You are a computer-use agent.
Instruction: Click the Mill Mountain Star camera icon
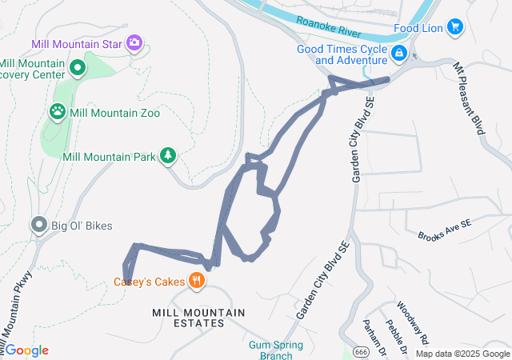click(134, 42)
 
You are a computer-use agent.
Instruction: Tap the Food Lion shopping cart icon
click(455, 27)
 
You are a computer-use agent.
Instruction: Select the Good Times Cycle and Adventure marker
click(398, 54)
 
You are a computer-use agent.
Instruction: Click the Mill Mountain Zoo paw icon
click(58, 112)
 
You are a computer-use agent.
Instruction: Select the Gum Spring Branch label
click(270, 350)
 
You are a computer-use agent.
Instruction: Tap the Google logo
click(26, 350)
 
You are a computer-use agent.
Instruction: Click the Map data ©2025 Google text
click(462, 354)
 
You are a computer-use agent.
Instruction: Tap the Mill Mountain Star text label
click(78, 43)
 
